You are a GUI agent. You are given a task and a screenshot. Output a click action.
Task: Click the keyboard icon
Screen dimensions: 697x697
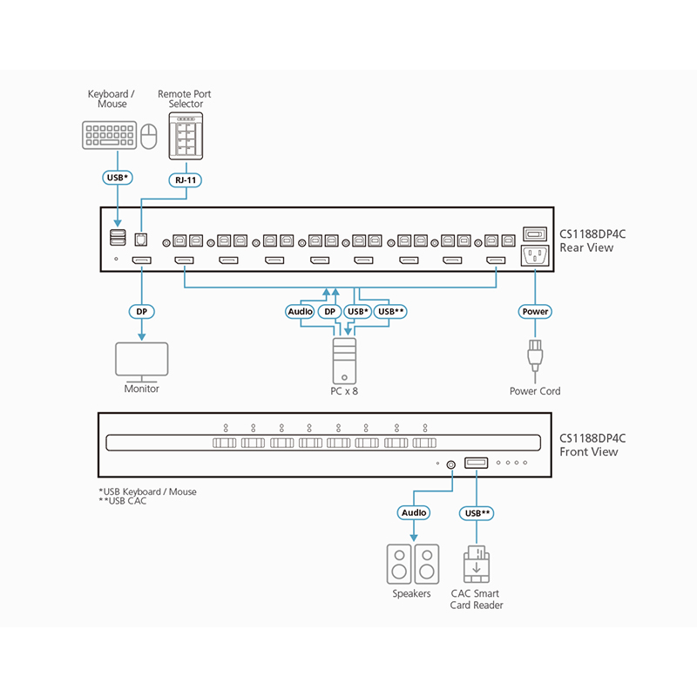pyautogui.click(x=109, y=137)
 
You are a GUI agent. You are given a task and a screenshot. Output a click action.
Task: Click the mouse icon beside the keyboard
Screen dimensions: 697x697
pyautogui.click(x=149, y=137)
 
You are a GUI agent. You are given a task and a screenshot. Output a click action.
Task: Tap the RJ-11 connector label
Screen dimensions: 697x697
pyautogui.click(x=185, y=179)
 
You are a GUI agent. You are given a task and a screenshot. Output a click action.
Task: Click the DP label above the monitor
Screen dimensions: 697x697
pyautogui.click(x=141, y=311)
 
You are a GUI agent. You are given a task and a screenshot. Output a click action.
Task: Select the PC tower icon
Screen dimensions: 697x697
pyautogui.click(x=345, y=359)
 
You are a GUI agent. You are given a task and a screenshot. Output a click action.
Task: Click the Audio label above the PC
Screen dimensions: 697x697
pyautogui.click(x=300, y=311)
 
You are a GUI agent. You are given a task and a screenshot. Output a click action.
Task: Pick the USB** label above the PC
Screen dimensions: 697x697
pyautogui.click(x=391, y=311)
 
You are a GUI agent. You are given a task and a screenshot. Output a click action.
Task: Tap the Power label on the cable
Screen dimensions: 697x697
pyautogui.click(x=534, y=311)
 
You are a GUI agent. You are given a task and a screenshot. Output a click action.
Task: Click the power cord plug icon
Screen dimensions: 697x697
pyautogui.click(x=534, y=357)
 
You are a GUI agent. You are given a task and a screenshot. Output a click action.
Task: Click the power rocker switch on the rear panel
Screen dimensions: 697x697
pyautogui.click(x=533, y=234)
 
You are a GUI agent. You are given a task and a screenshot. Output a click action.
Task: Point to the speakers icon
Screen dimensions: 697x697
pyautogui.click(x=413, y=565)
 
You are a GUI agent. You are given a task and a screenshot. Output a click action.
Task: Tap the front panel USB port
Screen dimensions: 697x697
pyautogui.click(x=476, y=464)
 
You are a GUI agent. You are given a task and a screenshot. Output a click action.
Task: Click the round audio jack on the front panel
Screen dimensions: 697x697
pyautogui.click(x=450, y=464)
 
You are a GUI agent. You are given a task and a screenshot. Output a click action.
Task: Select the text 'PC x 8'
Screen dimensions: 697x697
pyautogui.click(x=345, y=391)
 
